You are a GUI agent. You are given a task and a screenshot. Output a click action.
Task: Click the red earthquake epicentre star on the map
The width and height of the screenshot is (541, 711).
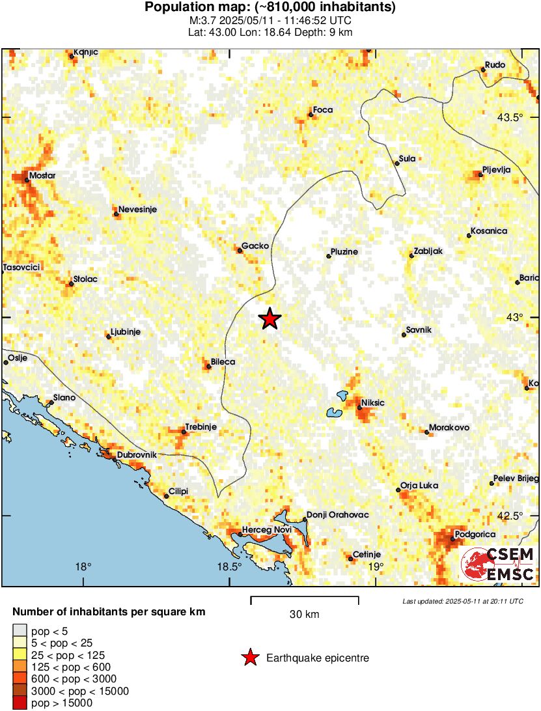coord(270,319)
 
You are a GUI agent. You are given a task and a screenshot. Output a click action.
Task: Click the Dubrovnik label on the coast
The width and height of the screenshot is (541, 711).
coord(137,455)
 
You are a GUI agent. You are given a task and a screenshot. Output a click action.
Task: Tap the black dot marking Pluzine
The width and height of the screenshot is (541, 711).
coord(328,257)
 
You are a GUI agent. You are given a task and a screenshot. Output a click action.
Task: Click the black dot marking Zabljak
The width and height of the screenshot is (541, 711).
coord(411,255)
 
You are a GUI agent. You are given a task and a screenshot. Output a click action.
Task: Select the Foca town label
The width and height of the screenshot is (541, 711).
coord(323,110)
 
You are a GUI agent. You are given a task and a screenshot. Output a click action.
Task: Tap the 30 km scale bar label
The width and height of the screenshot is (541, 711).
coord(304,614)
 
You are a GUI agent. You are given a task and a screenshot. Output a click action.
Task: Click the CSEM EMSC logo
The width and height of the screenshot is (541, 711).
coord(498,564)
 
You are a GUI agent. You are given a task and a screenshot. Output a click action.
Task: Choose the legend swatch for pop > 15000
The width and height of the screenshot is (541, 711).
coord(20,703)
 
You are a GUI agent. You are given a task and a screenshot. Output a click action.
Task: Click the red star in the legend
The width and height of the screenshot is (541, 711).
coord(249,658)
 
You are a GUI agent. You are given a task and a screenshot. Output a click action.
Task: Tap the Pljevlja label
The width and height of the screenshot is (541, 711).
coord(497,169)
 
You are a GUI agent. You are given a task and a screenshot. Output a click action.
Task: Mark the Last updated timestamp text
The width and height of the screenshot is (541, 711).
coord(462,601)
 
